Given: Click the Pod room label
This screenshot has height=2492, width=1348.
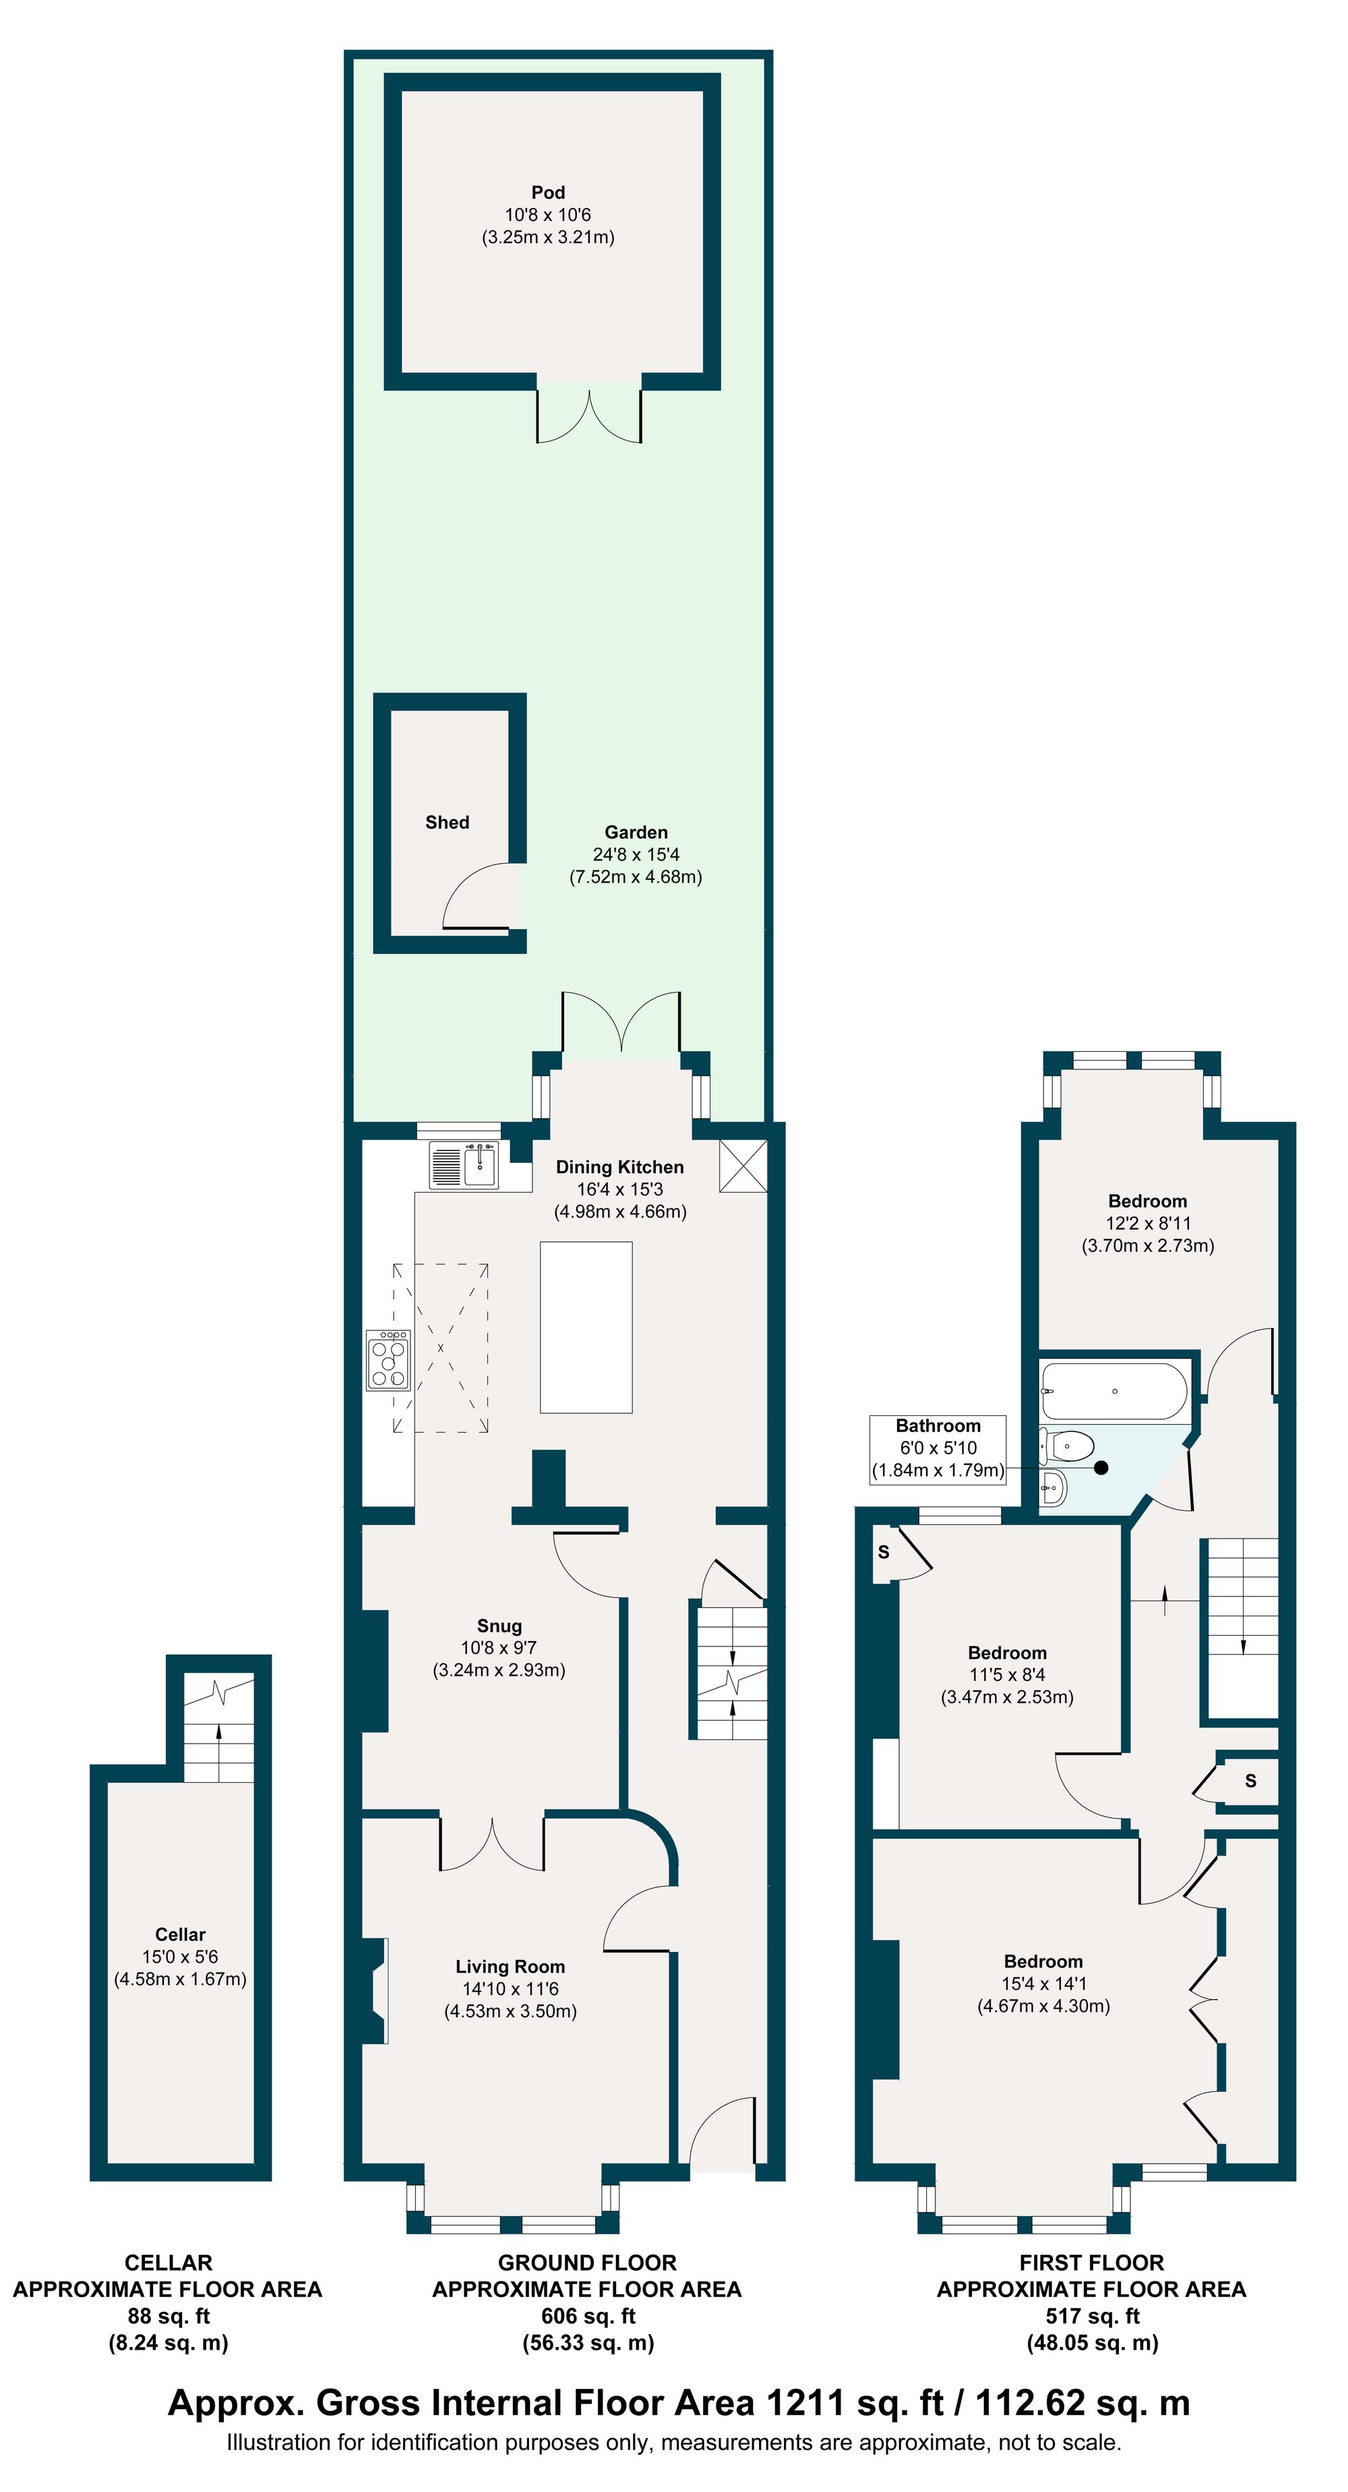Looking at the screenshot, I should tap(547, 193).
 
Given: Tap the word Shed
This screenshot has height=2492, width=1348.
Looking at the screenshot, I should tap(447, 823).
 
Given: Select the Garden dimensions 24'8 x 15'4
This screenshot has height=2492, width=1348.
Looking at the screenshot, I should tap(636, 854).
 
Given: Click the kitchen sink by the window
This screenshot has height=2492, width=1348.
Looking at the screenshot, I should tap(480, 1164).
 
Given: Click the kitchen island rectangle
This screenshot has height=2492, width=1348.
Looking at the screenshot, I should tap(586, 1328).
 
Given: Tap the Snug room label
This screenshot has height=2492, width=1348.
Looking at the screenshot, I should tap(498, 1626).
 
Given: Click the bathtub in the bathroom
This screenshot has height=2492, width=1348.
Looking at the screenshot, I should tap(1114, 1391).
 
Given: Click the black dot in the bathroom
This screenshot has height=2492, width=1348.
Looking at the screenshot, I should tap(1101, 1468).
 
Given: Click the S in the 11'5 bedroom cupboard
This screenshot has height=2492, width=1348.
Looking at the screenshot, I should tap(883, 1553).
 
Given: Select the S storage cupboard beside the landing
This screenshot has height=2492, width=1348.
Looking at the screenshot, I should tap(1250, 1781).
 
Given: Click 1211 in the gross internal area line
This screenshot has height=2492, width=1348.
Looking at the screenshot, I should tap(801, 2403).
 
